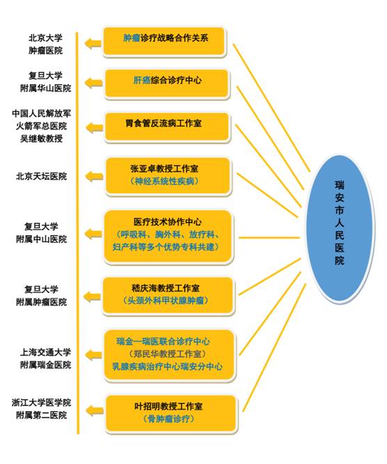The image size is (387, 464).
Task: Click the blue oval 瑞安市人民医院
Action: click(340, 228)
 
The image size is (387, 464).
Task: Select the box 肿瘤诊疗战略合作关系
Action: click(165, 42)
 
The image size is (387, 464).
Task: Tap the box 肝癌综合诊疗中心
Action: click(167, 83)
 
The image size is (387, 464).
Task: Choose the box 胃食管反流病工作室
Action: click(167, 127)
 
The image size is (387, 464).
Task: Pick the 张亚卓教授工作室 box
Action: click(168, 177)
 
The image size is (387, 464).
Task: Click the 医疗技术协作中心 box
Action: click(168, 237)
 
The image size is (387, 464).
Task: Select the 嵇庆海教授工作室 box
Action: click(168, 296)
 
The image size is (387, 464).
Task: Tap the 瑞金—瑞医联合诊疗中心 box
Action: click(169, 355)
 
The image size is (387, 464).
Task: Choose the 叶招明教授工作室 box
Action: click(171, 414)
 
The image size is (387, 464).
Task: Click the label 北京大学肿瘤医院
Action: click(46, 45)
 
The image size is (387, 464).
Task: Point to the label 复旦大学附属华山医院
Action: click(46, 82)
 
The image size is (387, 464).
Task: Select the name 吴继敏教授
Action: click(41, 138)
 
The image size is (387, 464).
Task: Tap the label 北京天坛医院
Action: click(41, 177)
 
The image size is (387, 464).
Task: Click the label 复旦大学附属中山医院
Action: click(41, 233)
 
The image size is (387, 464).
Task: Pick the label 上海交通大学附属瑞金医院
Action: click(46, 358)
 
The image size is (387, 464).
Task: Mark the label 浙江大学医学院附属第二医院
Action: click(41, 408)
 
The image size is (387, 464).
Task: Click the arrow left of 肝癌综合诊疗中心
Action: click(94, 83)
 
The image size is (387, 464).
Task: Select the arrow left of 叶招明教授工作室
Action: click(95, 410)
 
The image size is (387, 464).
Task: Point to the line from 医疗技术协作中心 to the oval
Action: click(269, 237)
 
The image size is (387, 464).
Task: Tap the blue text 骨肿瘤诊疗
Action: click(168, 419)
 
